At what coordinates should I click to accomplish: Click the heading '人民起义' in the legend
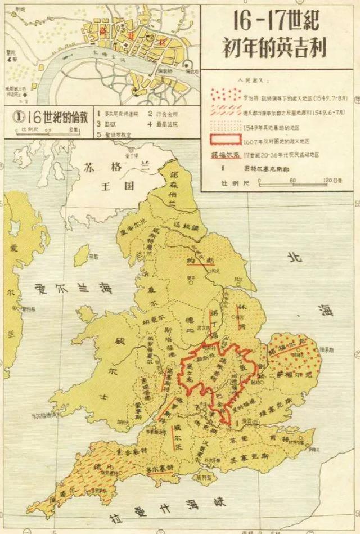click(x=236, y=80)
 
